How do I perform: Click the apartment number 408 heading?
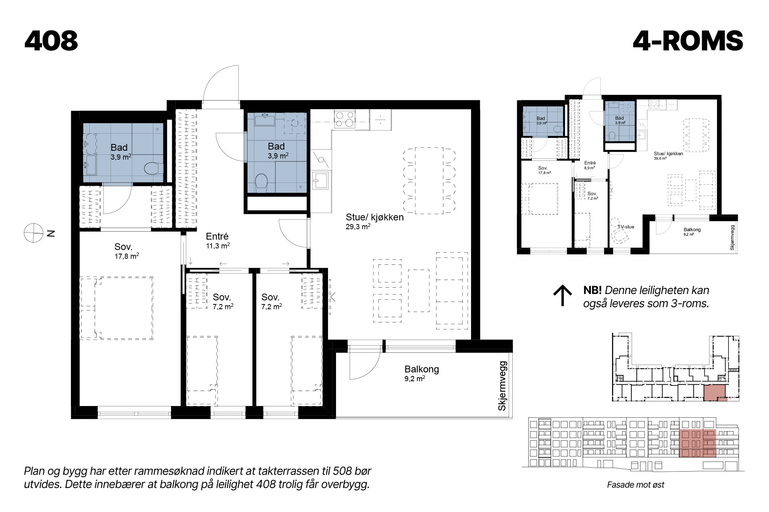(x=51, y=41)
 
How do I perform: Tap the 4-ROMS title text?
(x=688, y=41)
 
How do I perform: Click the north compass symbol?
(x=33, y=233)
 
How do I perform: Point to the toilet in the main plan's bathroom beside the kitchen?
(x=262, y=182)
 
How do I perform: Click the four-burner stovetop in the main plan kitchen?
(x=344, y=119)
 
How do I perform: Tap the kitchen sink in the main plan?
(x=321, y=180)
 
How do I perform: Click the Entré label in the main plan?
(x=217, y=236)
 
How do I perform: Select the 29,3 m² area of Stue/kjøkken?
(x=358, y=226)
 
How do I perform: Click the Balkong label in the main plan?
(x=421, y=369)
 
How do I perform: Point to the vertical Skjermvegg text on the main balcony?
(x=502, y=386)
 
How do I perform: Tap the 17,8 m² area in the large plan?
(x=127, y=256)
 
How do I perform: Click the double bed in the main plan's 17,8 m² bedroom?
(x=117, y=308)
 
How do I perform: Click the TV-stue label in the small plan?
(x=626, y=227)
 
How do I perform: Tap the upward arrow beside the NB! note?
(x=562, y=296)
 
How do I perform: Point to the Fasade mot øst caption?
(x=636, y=485)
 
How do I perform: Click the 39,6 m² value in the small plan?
(x=660, y=158)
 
